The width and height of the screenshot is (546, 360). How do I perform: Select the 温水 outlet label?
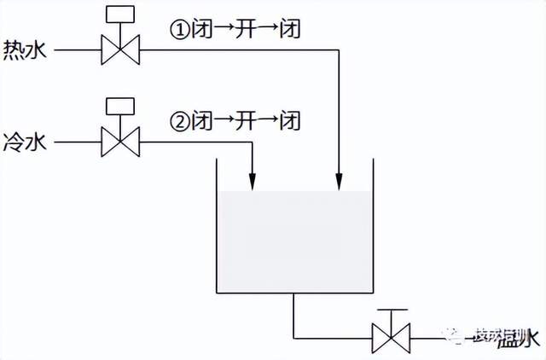click(x=521, y=339)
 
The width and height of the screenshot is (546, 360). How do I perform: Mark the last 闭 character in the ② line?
click(x=291, y=120)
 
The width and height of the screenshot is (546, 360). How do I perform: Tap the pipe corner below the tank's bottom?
click(x=294, y=338)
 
